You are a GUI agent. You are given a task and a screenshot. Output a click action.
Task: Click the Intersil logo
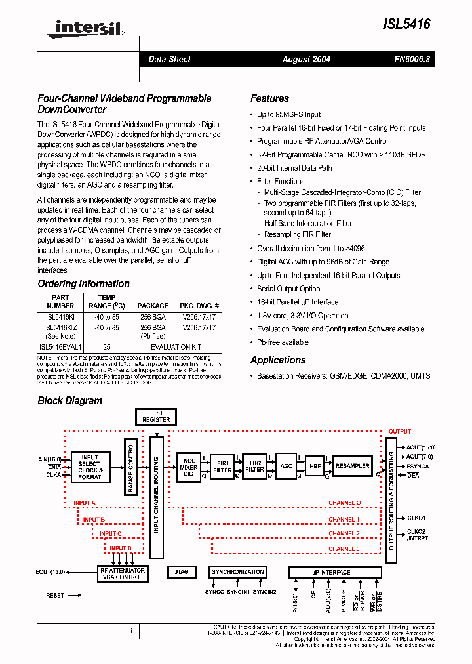click(x=85, y=27)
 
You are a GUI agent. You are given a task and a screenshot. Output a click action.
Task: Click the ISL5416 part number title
click(x=407, y=24)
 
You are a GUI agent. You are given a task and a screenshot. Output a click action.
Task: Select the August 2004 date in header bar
click(x=306, y=59)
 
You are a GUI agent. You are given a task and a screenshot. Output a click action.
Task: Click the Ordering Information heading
click(x=83, y=284)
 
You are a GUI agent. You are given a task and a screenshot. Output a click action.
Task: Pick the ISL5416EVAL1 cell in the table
click(x=60, y=347)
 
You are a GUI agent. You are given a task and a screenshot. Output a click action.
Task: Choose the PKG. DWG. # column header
click(x=200, y=306)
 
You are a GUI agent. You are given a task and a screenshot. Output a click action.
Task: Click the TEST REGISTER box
click(x=156, y=416)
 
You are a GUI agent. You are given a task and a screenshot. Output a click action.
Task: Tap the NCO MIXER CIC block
click(x=189, y=467)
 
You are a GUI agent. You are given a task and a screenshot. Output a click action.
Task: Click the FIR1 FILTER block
click(x=223, y=467)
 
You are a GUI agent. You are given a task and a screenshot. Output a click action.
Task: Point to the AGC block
click(x=286, y=466)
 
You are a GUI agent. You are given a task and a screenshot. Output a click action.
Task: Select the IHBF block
click(x=315, y=467)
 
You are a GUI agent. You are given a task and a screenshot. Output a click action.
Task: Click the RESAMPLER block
click(x=352, y=466)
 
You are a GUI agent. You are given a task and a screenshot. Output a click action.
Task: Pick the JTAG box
click(x=182, y=572)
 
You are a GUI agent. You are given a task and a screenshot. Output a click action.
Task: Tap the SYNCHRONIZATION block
click(x=238, y=572)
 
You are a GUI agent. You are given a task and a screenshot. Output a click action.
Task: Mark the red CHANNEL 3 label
click(x=344, y=549)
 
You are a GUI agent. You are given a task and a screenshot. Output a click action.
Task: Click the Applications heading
click(x=278, y=360)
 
